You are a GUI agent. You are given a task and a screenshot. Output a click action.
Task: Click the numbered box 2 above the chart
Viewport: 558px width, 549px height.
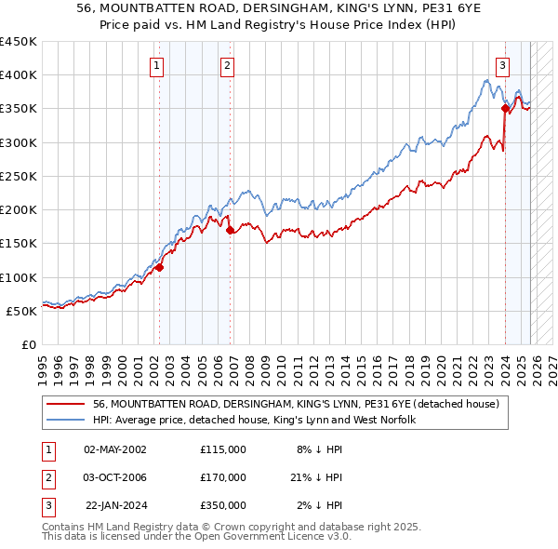(227, 65)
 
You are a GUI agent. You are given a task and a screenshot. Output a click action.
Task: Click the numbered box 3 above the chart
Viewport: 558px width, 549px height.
(502, 65)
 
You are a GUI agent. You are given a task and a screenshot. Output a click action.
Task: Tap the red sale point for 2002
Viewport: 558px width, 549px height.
(159, 267)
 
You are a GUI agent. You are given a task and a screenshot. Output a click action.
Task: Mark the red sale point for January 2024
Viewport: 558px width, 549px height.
(505, 108)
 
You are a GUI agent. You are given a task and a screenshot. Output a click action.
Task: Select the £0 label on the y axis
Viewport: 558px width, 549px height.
(29, 344)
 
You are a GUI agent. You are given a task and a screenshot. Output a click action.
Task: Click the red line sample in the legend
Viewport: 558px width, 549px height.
(66, 405)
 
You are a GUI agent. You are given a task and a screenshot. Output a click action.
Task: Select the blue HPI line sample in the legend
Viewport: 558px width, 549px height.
(66, 421)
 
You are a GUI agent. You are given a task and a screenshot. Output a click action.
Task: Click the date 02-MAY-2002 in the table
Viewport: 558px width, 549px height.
(115, 449)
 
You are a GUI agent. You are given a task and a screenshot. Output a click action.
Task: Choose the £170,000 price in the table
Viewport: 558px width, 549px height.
(223, 477)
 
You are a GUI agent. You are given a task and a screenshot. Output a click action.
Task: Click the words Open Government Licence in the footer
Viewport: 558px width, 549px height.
(269, 537)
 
